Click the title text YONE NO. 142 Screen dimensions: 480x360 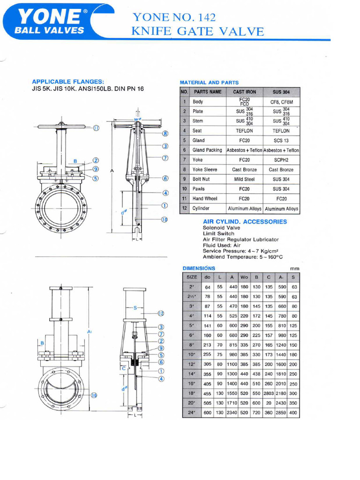[174, 17]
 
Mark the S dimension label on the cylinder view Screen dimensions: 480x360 [135, 307]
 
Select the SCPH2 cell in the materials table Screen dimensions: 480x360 [281, 160]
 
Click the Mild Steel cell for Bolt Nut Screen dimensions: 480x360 [244, 179]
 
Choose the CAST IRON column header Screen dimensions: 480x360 [244, 92]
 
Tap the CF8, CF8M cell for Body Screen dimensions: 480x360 [281, 101]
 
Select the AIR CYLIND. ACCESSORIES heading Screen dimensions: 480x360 [244, 221]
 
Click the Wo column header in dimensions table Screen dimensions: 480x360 [244, 277]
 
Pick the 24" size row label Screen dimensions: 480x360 [192, 412]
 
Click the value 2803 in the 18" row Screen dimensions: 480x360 [269, 393]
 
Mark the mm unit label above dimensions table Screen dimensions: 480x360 [295, 269]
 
